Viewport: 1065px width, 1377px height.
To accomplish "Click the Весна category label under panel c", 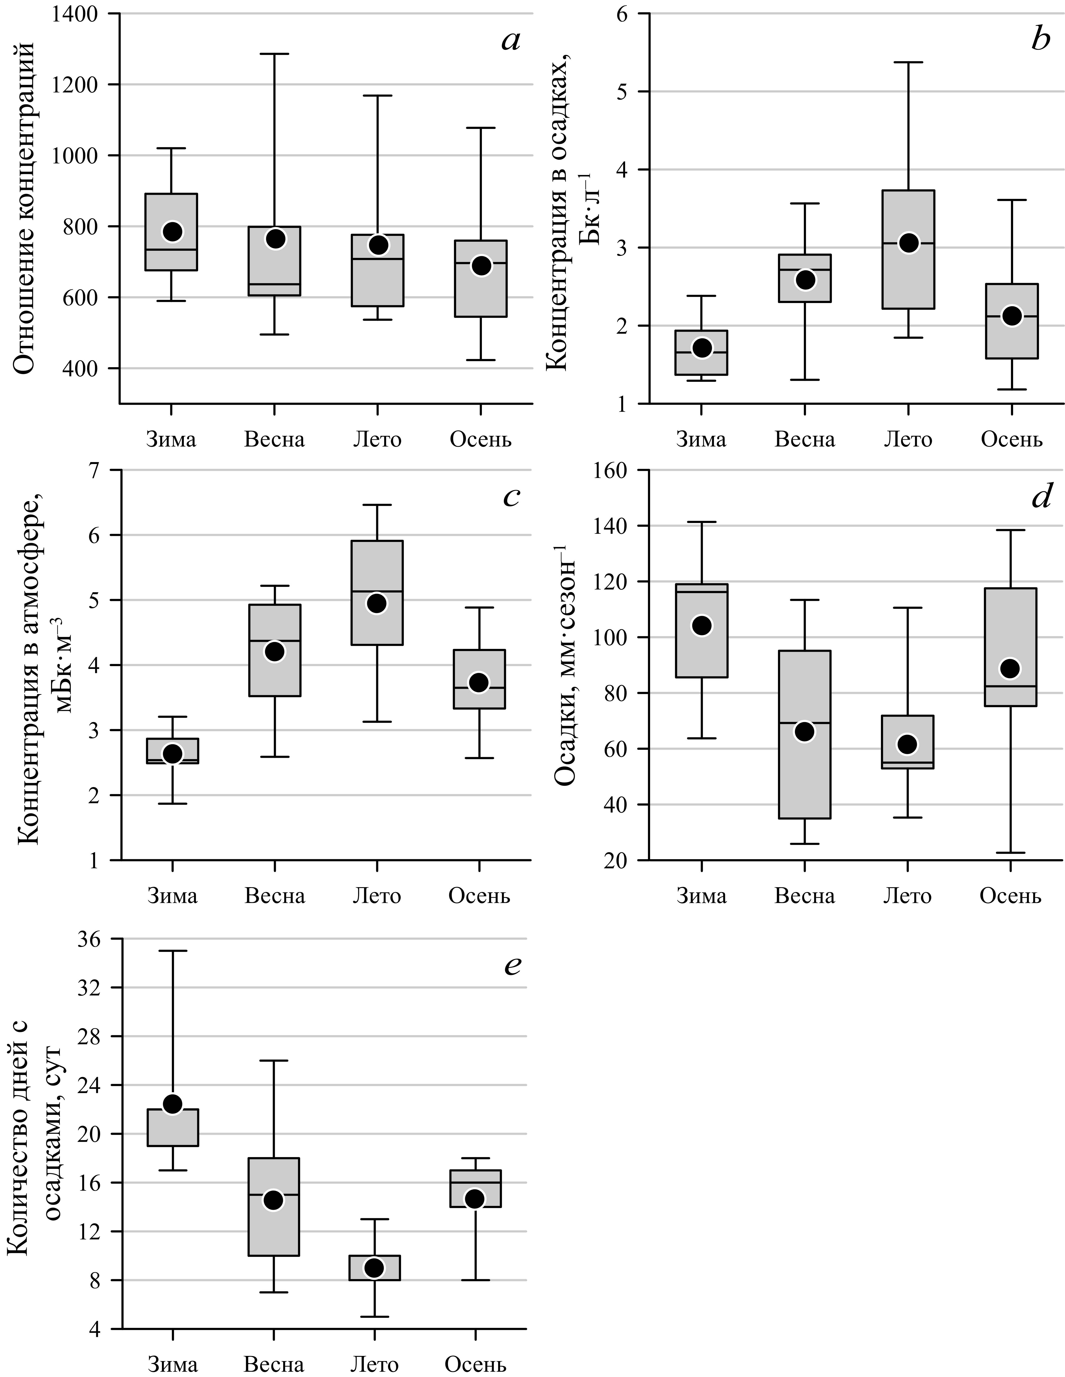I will click(x=275, y=896).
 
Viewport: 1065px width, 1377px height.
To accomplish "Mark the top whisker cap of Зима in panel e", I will click(x=172, y=950).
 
